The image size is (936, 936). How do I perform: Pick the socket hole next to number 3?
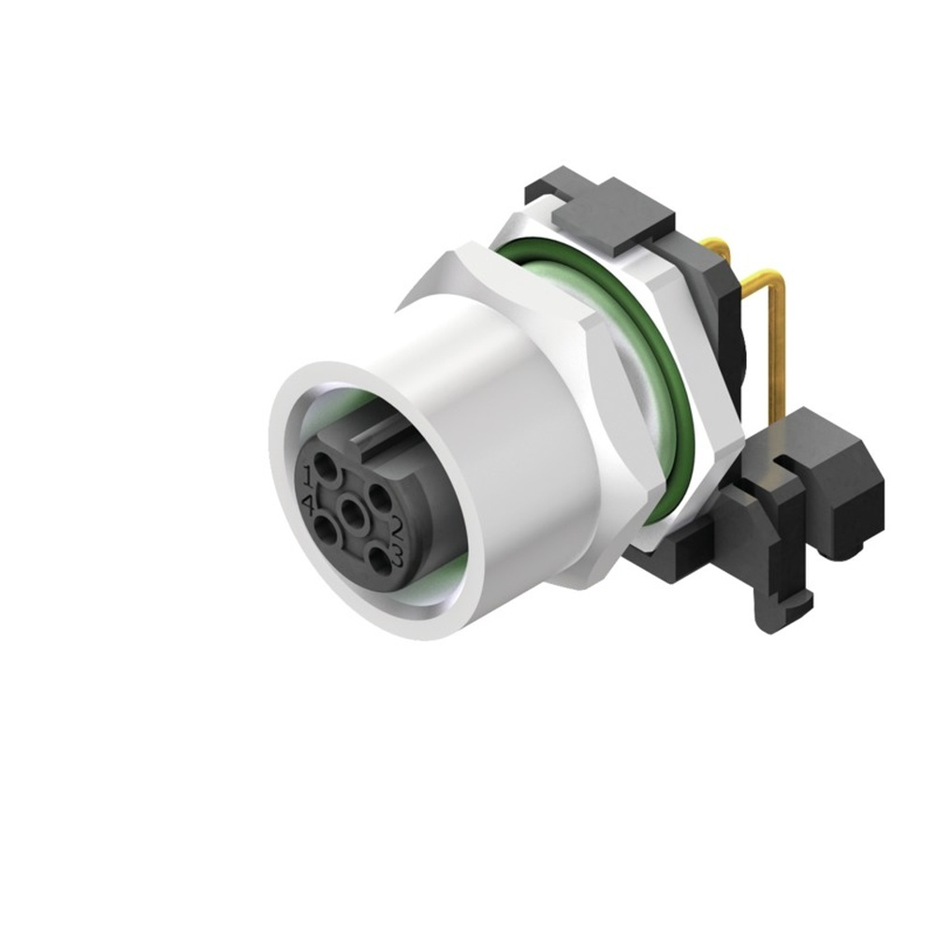click(378, 561)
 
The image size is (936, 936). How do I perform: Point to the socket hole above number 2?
click(378, 495)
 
